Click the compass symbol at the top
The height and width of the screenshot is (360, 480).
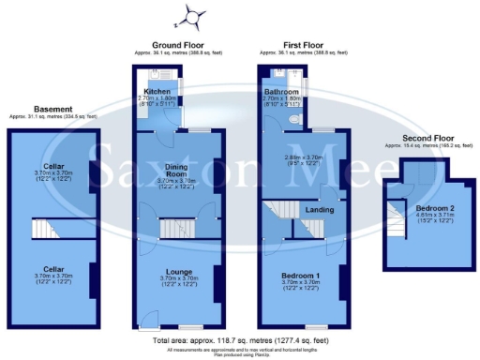tap(192, 16)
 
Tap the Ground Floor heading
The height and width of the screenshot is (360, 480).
tap(178, 45)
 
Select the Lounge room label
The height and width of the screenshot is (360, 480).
tap(179, 271)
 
